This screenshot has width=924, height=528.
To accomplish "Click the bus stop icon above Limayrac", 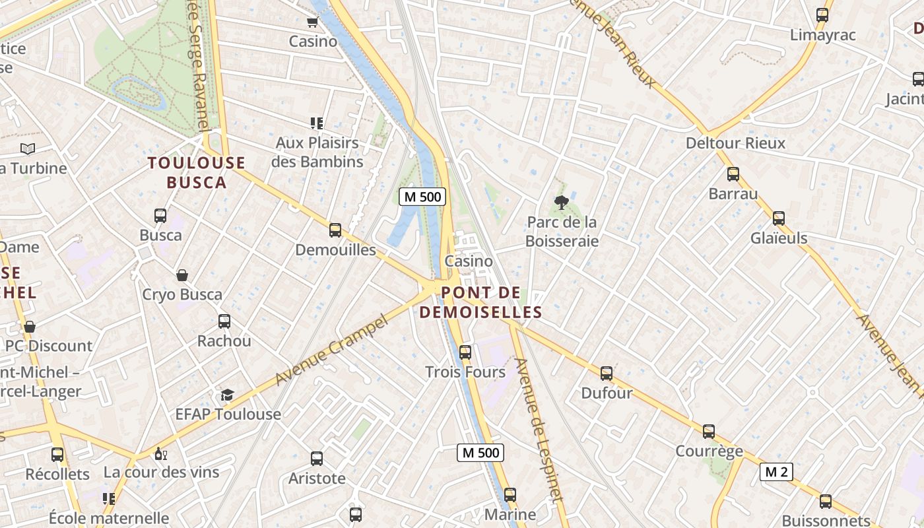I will pos(822,15).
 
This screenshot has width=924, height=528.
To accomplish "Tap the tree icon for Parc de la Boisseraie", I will pos(562,202).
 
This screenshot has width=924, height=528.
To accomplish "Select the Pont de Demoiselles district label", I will pos(480,302).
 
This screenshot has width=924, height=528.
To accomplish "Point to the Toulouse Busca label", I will pos(196,172).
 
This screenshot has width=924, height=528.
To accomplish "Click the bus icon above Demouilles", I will pos(335,230).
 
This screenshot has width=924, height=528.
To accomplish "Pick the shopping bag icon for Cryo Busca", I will pos(182,275).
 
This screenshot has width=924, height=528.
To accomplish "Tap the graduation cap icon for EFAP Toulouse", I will pos(227,395).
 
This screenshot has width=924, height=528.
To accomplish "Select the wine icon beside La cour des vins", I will pos(160,453).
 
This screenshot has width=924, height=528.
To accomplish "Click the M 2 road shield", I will pos(776,472).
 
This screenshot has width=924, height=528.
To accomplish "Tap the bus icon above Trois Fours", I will pos(465,352).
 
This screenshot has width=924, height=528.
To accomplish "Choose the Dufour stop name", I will pos(607,393).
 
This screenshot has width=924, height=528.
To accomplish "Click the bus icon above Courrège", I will pos(709,432).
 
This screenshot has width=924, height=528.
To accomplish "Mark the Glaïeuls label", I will pos(779,238).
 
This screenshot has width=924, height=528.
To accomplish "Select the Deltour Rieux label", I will pos(735,143).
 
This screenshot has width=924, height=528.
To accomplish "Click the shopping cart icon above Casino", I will pos(313,22).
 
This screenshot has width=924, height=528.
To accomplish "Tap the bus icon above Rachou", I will pos(224,321).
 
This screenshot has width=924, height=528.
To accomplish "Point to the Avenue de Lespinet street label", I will pos(541,429).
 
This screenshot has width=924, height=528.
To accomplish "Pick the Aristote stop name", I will pos(317,478).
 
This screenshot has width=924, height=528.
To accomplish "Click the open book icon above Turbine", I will pos(27,148).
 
